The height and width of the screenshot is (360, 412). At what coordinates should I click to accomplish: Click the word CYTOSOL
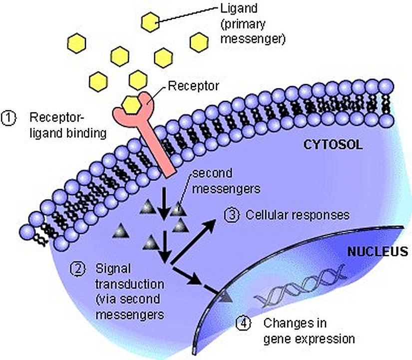tap(333, 145)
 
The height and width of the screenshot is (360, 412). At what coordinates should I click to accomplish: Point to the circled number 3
tap(231, 215)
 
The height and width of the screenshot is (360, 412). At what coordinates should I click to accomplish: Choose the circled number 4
tap(241, 323)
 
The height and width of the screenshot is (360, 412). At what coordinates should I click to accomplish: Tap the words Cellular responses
tap(297, 215)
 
